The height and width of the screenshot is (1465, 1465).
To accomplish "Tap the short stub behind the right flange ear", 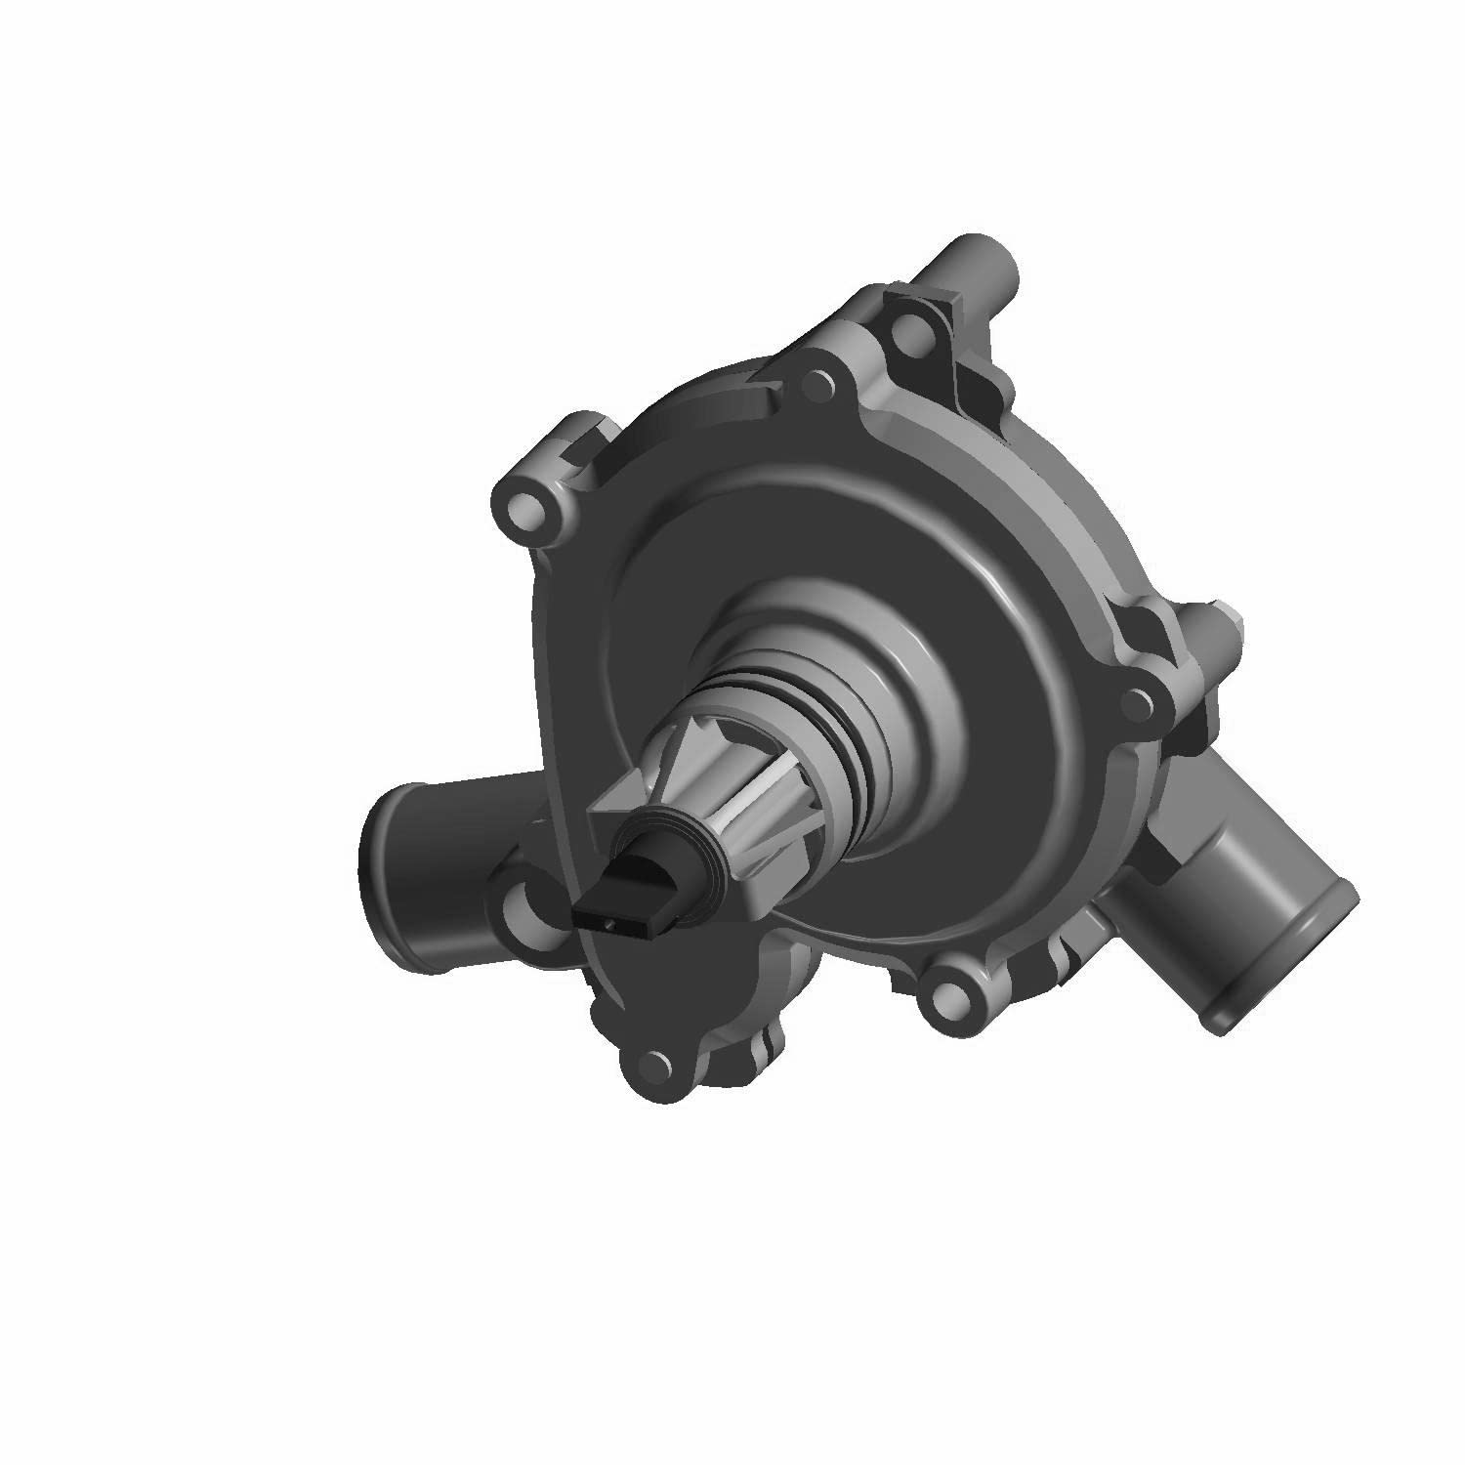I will [x=1226, y=625].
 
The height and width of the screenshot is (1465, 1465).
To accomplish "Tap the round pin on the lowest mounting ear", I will [x=652, y=1065].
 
